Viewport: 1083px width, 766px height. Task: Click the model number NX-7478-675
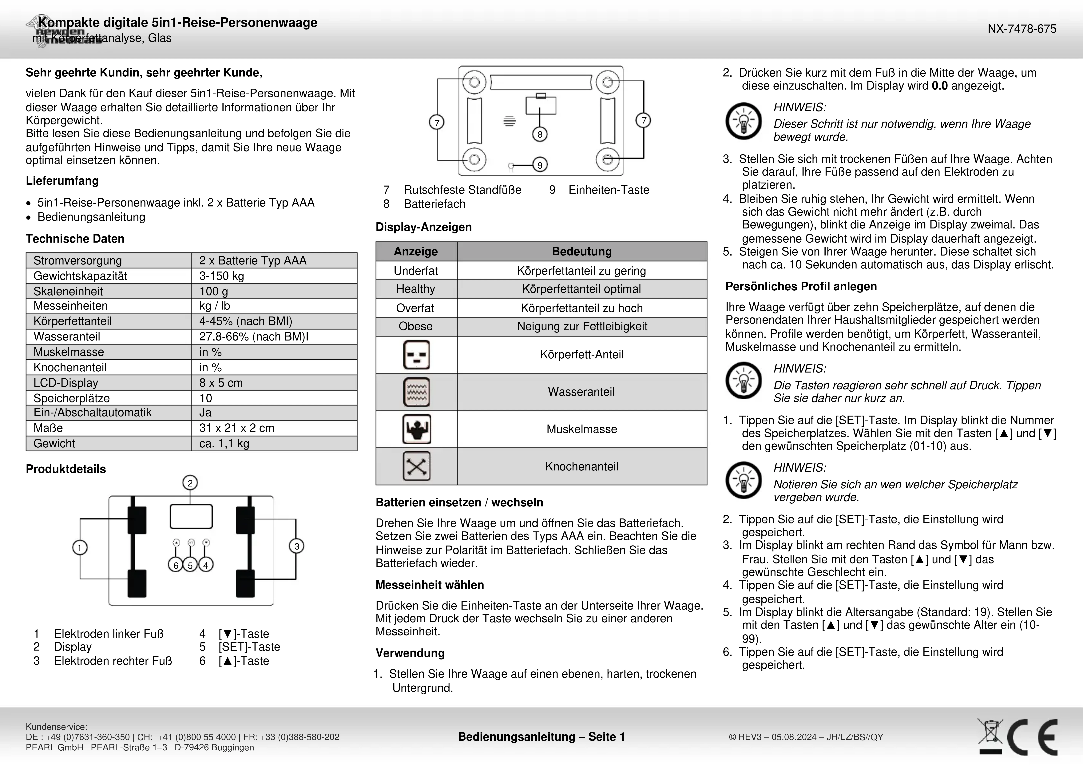(1022, 29)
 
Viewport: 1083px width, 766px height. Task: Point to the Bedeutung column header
(582, 252)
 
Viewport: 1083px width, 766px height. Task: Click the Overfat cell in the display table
(415, 308)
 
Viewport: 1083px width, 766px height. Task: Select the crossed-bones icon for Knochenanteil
(416, 466)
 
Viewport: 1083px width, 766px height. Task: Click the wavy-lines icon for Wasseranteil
(416, 392)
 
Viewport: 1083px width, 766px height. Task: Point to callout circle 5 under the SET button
(191, 565)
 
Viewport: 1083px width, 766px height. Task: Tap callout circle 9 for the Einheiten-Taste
(540, 165)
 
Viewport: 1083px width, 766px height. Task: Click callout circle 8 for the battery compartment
(540, 134)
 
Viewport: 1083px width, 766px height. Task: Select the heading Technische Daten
(75, 239)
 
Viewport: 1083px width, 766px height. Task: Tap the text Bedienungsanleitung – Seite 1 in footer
(541, 737)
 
